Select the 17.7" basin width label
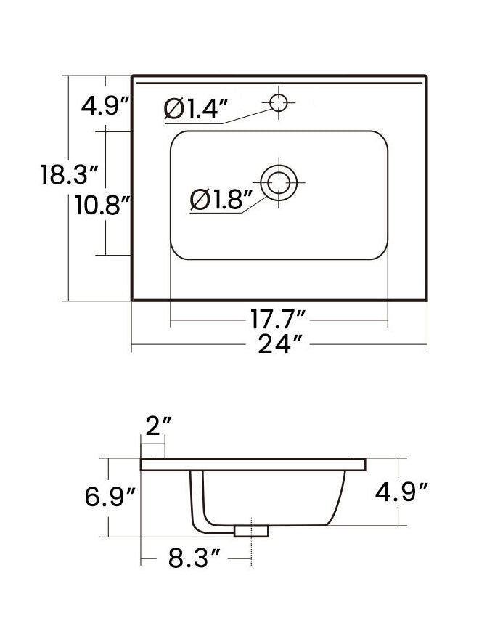pos(278,319)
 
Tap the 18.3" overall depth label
pos(69,175)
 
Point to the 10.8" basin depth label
pos(102,205)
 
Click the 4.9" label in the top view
pos(105,107)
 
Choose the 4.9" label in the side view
pos(398,493)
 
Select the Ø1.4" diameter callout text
pos(196,109)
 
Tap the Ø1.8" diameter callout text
pos(221,199)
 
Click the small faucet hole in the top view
pos(278,102)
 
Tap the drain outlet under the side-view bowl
pos(251,532)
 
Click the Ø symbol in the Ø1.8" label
pos(199,199)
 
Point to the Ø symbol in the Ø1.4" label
pos(173,109)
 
